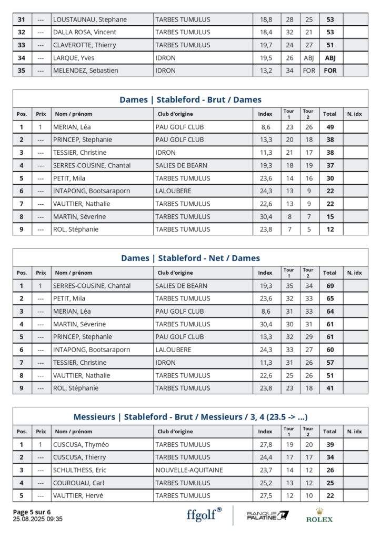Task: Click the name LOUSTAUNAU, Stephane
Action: click(x=90, y=19)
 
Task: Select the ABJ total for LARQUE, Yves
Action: click(x=330, y=58)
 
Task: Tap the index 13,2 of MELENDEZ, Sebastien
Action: click(x=266, y=71)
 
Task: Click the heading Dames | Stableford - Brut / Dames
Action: click(x=190, y=99)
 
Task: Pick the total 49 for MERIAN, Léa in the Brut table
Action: click(x=330, y=127)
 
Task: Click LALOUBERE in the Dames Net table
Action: click(x=174, y=350)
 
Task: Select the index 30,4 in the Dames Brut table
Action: click(x=266, y=216)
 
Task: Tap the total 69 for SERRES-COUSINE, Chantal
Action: click(x=330, y=286)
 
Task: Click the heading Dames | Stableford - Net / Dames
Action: click(x=190, y=258)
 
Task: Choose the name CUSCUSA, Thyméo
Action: click(x=79, y=445)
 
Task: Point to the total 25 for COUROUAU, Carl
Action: click(x=330, y=483)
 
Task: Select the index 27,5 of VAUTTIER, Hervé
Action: click(x=266, y=495)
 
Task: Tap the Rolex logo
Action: click(x=319, y=515)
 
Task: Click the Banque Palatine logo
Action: click(x=268, y=515)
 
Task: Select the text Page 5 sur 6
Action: click(x=32, y=512)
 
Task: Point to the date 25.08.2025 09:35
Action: click(x=38, y=519)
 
